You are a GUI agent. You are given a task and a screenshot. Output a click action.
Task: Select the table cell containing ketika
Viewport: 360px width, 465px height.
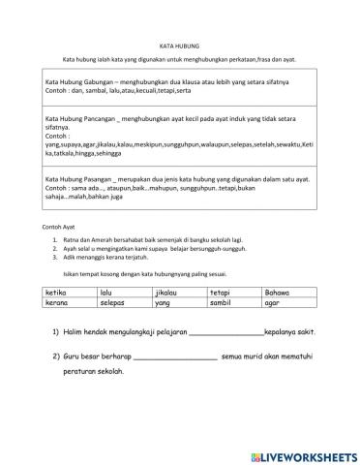pos(70,291)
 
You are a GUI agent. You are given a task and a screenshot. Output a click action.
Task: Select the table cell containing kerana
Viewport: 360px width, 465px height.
pos(70,302)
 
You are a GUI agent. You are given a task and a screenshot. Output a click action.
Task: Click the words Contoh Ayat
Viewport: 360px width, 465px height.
pos(59,226)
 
